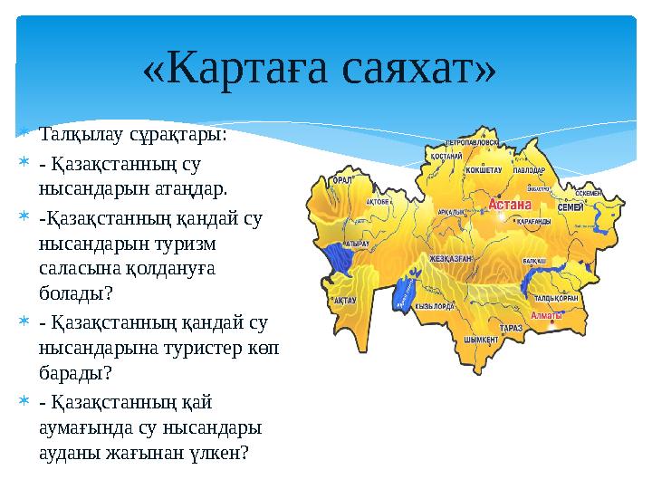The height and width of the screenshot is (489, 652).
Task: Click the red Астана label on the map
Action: [510, 205]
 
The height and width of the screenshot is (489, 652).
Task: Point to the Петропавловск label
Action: [471, 142]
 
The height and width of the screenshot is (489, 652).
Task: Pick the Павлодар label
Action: [528, 169]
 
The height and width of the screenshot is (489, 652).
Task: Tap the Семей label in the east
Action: [570, 207]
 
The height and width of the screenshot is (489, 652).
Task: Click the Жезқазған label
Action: [450, 258]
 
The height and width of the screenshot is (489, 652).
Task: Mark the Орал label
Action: [343, 180]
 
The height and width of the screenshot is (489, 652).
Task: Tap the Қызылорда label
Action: [434, 306]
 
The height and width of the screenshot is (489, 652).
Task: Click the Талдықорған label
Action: [557, 297]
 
